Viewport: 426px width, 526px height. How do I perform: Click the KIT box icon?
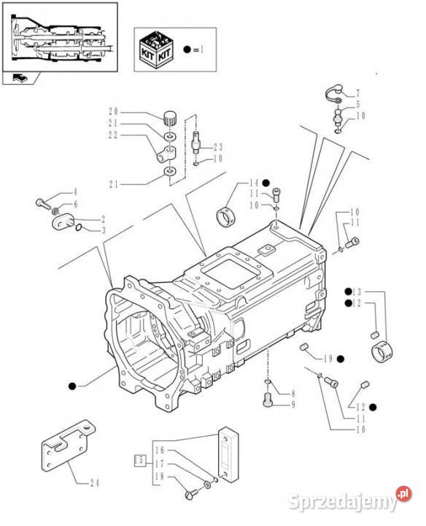pyautogui.click(x=157, y=50)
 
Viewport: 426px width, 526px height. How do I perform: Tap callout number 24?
pyautogui.click(x=94, y=483)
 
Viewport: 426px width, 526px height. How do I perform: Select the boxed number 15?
pyautogui.click(x=139, y=460)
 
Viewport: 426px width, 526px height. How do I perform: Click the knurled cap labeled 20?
pyautogui.click(x=171, y=119)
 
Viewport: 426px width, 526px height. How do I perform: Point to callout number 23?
pyautogui.click(x=218, y=148)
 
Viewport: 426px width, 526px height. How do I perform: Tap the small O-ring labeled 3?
pyautogui.click(x=79, y=228)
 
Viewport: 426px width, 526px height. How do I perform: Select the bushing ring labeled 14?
pyautogui.click(x=225, y=217)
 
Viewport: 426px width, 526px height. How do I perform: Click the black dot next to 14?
pyautogui.click(x=266, y=183)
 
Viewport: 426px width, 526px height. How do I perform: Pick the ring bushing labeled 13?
pyautogui.click(x=382, y=351)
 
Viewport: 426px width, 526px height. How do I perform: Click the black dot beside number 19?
pyautogui.click(x=341, y=359)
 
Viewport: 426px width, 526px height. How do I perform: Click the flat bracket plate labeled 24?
pyautogui.click(x=69, y=446)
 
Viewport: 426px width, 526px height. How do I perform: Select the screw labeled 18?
pyautogui.click(x=192, y=493)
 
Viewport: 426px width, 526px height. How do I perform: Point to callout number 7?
pyautogui.click(x=357, y=93)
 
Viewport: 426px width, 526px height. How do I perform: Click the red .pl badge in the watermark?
pyautogui.click(x=404, y=494)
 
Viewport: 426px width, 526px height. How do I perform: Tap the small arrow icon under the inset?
pyautogui.click(x=19, y=78)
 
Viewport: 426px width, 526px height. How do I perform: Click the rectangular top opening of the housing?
pyautogui.click(x=231, y=270)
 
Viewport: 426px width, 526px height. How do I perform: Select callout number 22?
pyautogui.click(x=113, y=135)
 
